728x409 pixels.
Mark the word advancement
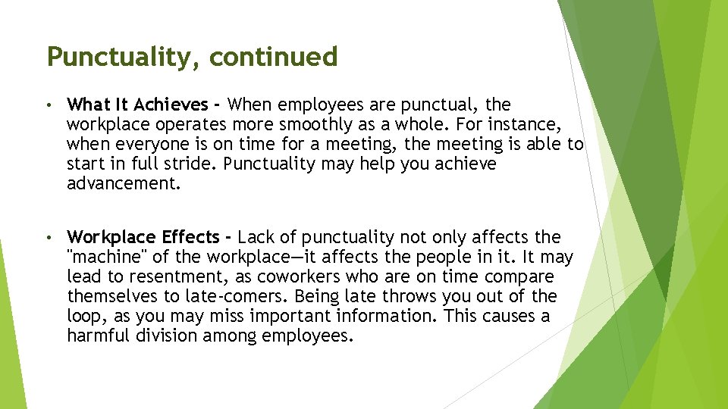[124, 183]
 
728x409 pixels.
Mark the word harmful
[99, 336]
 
